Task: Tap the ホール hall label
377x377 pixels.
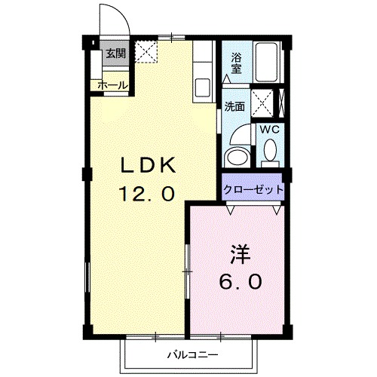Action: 112,85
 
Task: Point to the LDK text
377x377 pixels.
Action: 149,164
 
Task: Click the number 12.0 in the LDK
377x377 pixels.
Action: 149,194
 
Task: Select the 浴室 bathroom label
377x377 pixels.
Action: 235,63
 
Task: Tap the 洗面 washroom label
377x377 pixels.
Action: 234,107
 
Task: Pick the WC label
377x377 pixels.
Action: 269,130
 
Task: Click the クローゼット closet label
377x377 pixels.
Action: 253,188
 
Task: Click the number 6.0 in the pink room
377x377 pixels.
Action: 241,282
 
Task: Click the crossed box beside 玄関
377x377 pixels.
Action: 145,52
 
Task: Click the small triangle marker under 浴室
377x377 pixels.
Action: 226,78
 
